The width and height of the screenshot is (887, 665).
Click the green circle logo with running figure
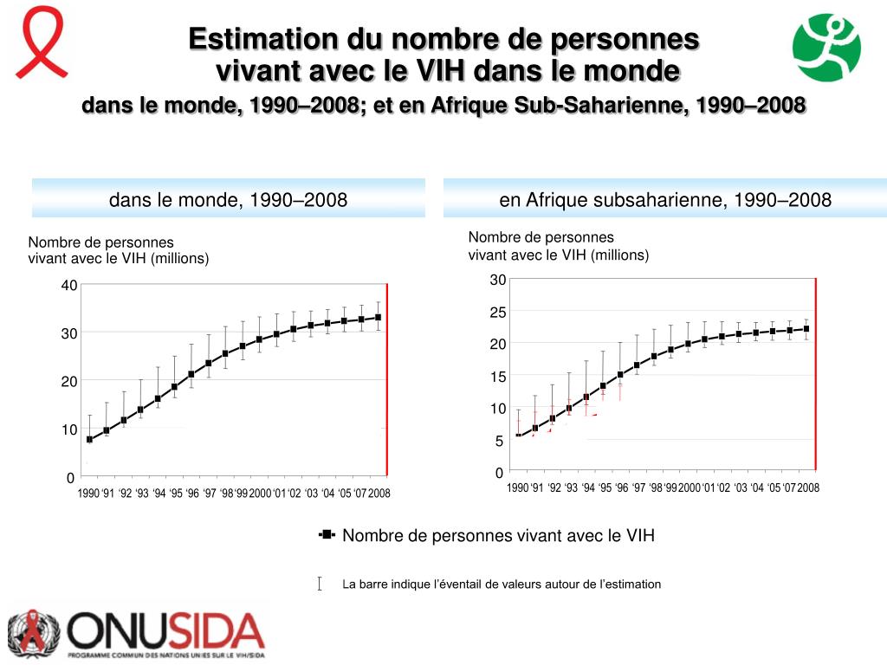tap(827, 48)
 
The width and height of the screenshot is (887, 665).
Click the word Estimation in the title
tap(262, 39)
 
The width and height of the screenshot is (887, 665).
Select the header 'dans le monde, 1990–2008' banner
tap(229, 199)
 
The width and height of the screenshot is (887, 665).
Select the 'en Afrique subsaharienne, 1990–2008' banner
tap(664, 199)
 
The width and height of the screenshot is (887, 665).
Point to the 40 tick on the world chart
tap(69, 285)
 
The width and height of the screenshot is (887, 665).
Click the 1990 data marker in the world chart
tap(89, 439)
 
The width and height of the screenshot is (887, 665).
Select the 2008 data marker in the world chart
tap(378, 318)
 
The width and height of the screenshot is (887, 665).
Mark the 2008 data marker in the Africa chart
tap(806, 329)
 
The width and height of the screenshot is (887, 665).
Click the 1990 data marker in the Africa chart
tap(518, 436)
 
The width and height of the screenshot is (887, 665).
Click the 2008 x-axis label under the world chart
tap(379, 494)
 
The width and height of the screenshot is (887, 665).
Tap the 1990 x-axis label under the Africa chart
tap(518, 488)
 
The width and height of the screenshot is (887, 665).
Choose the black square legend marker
tap(327, 535)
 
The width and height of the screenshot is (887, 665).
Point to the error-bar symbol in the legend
tap(320, 584)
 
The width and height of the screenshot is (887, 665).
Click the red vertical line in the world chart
tap(387, 381)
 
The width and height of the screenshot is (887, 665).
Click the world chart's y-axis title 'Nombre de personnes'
tap(101, 242)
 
